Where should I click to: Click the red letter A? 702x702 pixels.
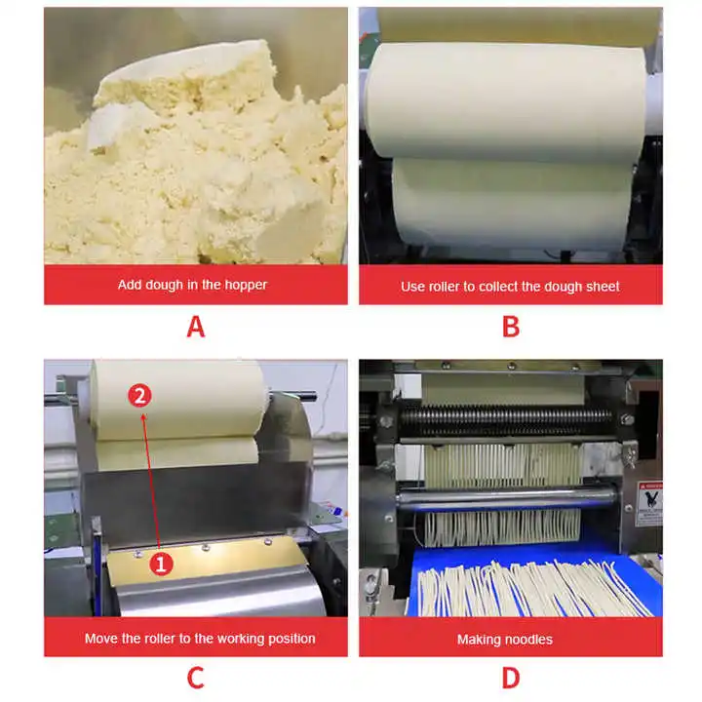(x=196, y=327)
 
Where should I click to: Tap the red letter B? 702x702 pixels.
(x=511, y=327)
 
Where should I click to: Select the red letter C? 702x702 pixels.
(x=196, y=678)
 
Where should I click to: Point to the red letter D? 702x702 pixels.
(x=511, y=678)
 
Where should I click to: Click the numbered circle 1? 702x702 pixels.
(x=161, y=564)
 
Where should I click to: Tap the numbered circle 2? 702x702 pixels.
(x=139, y=396)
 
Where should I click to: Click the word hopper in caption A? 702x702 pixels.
(x=246, y=285)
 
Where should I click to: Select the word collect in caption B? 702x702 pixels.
(x=498, y=287)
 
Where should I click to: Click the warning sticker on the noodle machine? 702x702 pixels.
(x=650, y=503)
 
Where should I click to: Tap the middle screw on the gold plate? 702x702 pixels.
(x=206, y=548)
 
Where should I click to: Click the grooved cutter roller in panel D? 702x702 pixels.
(x=506, y=420)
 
